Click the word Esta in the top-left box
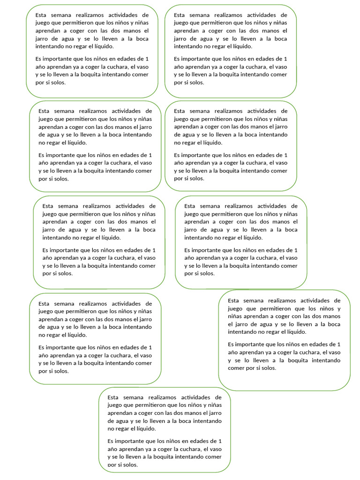coord(41,15)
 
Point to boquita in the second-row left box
coord(94,171)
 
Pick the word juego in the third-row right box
coord(192,214)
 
